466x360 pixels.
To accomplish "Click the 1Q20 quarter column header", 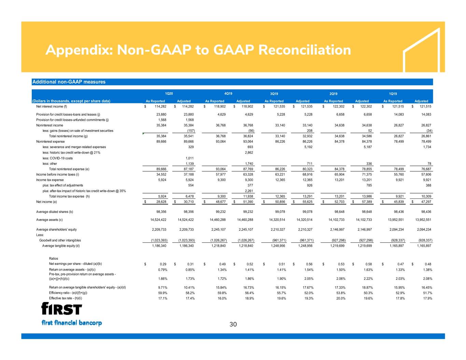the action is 169,93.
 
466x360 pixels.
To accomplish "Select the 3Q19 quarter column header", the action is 274,93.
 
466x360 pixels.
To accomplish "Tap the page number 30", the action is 233,324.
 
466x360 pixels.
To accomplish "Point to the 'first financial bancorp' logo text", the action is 72,323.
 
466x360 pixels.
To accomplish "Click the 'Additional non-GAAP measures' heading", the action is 69,82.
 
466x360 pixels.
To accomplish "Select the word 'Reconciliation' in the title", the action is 305,50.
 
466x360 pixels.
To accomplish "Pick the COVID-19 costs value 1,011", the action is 189,158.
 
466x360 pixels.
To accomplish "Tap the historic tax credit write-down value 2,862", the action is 249,153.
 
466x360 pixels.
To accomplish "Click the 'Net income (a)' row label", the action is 46,202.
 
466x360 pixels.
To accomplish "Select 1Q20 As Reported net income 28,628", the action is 161,202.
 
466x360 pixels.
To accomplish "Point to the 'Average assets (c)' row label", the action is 49,220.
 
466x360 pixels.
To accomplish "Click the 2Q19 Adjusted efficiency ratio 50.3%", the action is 368,293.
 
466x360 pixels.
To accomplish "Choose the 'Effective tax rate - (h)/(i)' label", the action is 66,298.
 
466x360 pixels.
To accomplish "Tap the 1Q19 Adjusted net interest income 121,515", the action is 425,106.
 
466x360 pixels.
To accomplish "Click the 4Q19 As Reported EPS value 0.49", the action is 222,264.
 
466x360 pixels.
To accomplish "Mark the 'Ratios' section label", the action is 53,258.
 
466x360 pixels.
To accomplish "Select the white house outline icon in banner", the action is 421,50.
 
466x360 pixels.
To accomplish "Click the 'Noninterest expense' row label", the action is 51,141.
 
